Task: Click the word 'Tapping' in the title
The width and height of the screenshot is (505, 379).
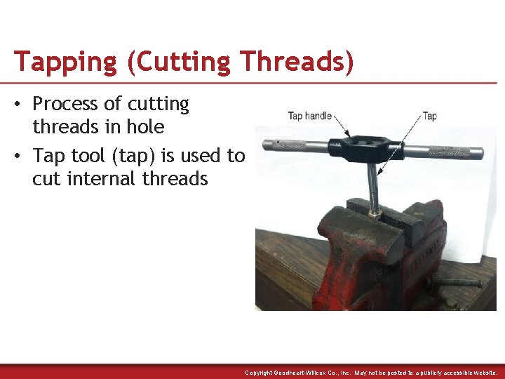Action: click(x=65, y=62)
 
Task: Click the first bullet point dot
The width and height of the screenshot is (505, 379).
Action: click(x=22, y=105)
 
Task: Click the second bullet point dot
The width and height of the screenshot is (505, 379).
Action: click(x=22, y=155)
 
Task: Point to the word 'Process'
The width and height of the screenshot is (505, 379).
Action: click(x=67, y=105)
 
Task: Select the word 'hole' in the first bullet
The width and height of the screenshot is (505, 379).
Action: click(x=146, y=127)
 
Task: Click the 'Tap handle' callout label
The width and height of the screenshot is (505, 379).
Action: click(x=309, y=116)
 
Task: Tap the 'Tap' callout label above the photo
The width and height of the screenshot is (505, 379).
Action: click(x=429, y=116)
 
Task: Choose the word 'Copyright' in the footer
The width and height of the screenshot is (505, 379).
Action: click(x=259, y=373)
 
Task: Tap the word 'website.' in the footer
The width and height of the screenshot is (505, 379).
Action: click(x=483, y=373)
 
